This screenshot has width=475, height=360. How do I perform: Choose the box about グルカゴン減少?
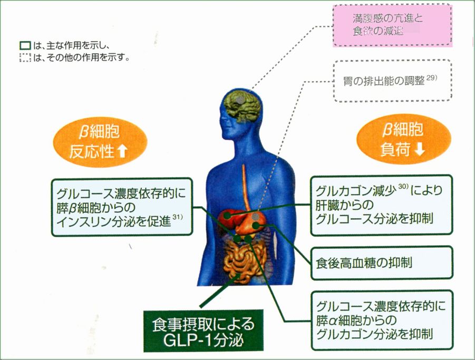[x=381, y=203]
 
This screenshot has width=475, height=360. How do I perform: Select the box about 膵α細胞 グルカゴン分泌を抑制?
[x=381, y=320]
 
